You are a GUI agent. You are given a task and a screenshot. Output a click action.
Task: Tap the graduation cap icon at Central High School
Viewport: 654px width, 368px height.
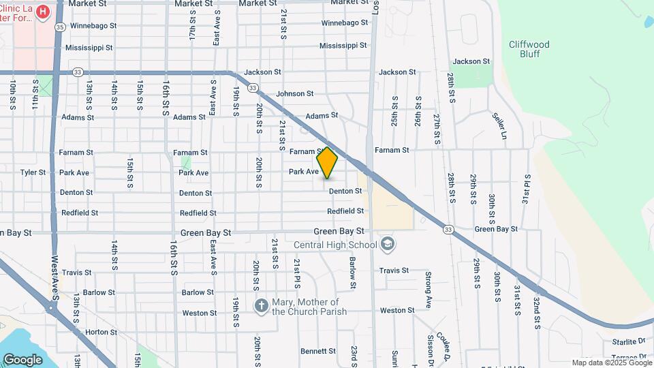click(387, 244)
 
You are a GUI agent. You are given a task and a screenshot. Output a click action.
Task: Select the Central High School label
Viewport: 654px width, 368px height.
click(335, 245)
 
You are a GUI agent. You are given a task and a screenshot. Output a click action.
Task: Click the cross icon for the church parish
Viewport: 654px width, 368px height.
click(261, 306)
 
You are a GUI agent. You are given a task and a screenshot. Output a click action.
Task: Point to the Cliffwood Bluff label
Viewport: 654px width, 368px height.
click(529, 49)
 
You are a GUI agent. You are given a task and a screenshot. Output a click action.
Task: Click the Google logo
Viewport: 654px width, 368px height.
click(22, 359)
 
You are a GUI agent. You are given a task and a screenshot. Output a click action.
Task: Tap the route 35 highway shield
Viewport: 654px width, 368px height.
click(60, 27)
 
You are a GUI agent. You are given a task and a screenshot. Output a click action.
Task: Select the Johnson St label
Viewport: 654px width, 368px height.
click(295, 93)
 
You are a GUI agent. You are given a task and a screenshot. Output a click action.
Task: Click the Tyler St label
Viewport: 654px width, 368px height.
click(33, 172)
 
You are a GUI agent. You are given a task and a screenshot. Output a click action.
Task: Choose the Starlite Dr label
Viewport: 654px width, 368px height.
click(629, 341)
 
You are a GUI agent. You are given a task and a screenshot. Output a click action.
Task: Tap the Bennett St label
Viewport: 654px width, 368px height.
click(317, 352)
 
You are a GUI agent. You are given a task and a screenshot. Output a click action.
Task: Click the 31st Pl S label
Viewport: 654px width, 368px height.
click(526, 189)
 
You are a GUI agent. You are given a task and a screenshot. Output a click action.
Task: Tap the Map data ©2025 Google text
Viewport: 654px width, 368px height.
click(611, 363)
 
